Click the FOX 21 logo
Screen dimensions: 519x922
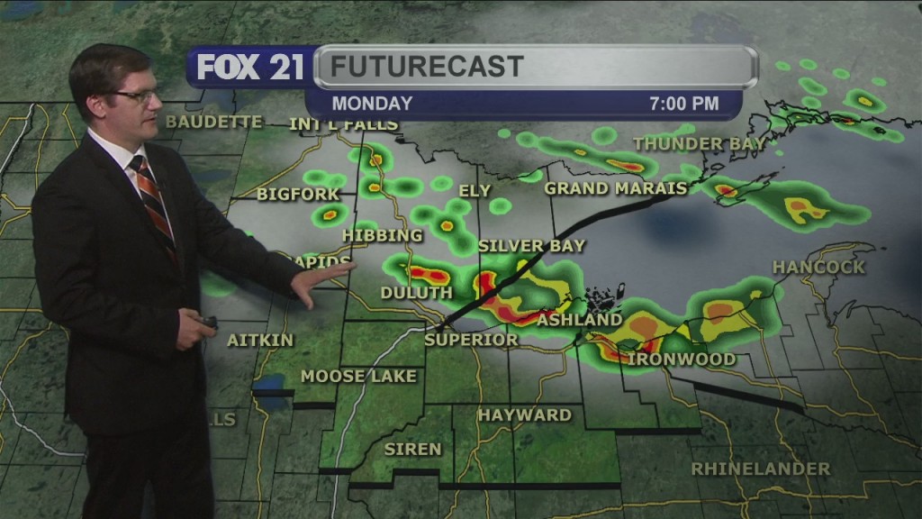pos(250,68)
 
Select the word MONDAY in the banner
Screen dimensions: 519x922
pos(372,104)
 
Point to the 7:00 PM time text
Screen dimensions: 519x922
pos(684,104)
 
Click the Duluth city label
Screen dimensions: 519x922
pos(416,293)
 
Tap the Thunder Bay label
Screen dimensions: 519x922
pos(700,143)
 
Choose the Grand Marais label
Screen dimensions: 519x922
pos(616,188)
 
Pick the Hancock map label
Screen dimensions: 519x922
pos(818,267)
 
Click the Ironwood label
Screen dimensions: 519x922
pos(682,360)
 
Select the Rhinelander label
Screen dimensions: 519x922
pos(761,469)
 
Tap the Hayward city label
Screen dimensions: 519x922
pos(524,415)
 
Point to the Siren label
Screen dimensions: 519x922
pos(413,449)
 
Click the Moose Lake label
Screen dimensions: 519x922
pos(358,376)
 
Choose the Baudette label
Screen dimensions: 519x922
pos(214,122)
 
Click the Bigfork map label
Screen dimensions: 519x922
pos(298,194)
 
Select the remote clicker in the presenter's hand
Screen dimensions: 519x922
pos(207,322)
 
